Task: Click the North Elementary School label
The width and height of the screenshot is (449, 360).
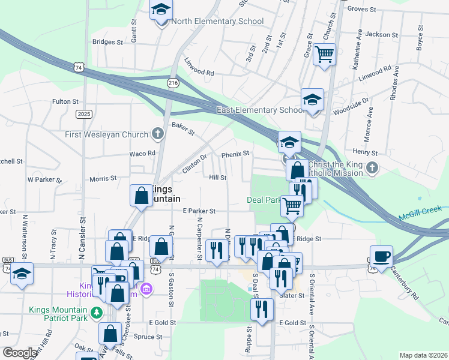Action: [217, 22]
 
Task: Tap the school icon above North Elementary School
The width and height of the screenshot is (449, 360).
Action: [161, 11]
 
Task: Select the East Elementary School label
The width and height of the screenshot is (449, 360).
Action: [261, 110]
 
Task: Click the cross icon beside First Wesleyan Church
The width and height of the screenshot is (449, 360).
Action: [158, 133]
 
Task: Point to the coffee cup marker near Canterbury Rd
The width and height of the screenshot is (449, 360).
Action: [381, 257]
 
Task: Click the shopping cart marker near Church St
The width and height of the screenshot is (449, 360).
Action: [325, 55]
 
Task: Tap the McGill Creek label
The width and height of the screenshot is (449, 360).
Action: [421, 211]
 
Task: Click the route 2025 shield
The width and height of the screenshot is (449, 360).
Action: [84, 113]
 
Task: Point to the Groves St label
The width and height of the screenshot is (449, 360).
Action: [361, 10]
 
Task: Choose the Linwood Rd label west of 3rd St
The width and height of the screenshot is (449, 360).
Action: [199, 73]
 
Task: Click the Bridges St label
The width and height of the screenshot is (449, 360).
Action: [107, 43]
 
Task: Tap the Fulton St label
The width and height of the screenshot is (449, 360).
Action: [65, 102]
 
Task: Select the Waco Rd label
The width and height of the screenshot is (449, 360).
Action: [143, 154]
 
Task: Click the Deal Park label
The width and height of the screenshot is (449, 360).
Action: [265, 200]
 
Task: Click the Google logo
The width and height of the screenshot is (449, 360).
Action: [20, 353]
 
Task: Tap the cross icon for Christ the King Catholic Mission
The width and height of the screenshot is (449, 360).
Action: [372, 167]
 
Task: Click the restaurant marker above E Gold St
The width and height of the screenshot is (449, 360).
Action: [261, 309]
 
